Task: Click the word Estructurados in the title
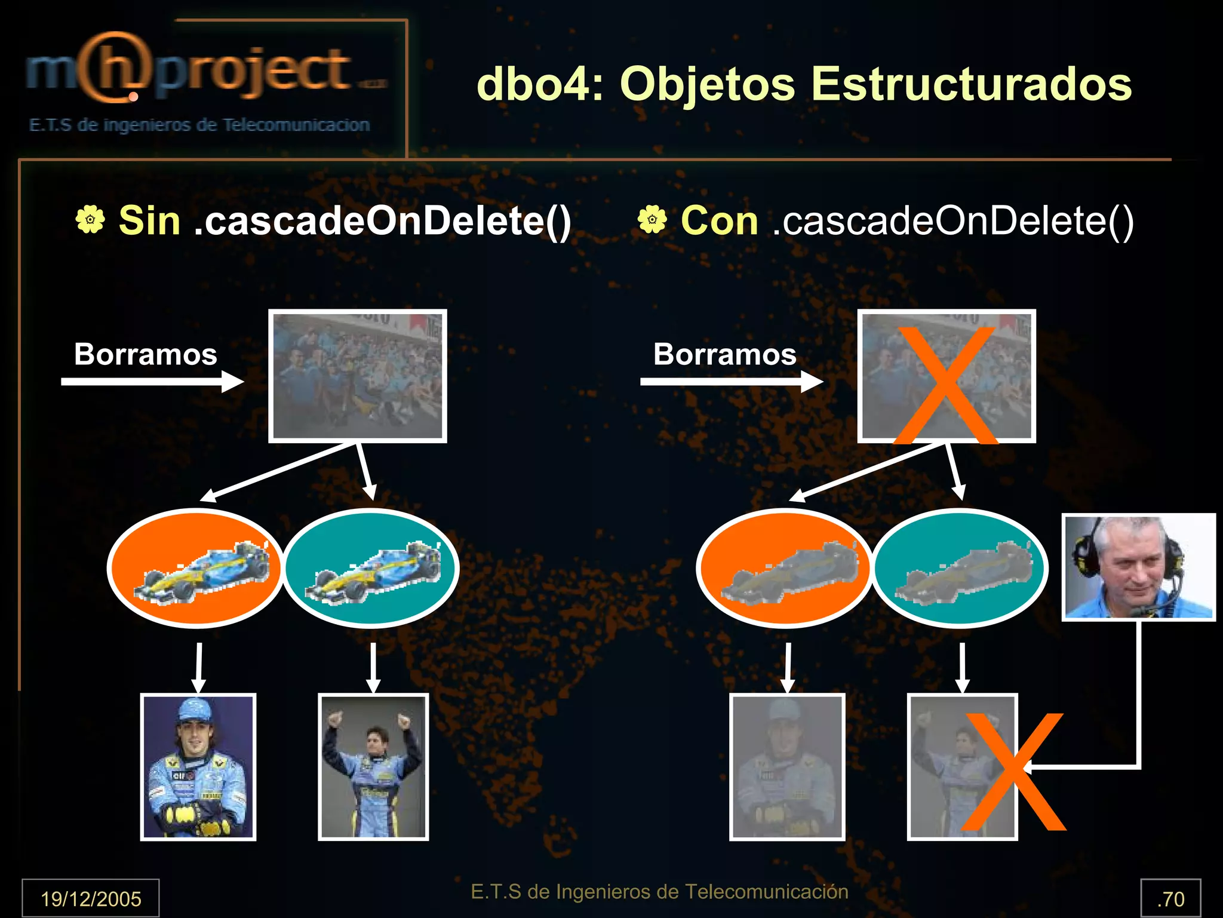pos(971,84)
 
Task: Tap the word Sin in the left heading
pos(149,220)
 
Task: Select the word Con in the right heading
pos(719,220)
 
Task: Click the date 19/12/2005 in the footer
pos(91,898)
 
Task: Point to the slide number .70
pos(1170,898)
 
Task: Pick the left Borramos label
pos(145,354)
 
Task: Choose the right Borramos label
pos(724,354)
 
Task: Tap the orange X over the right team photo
pos(946,385)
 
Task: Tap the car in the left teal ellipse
pos(373,571)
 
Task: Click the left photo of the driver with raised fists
pos(373,767)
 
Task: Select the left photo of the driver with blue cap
pos(198,767)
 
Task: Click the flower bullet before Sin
pos(90,219)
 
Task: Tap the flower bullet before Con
pos(652,219)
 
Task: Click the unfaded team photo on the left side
pos(357,376)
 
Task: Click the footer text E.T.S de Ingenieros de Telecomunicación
pos(659,892)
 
